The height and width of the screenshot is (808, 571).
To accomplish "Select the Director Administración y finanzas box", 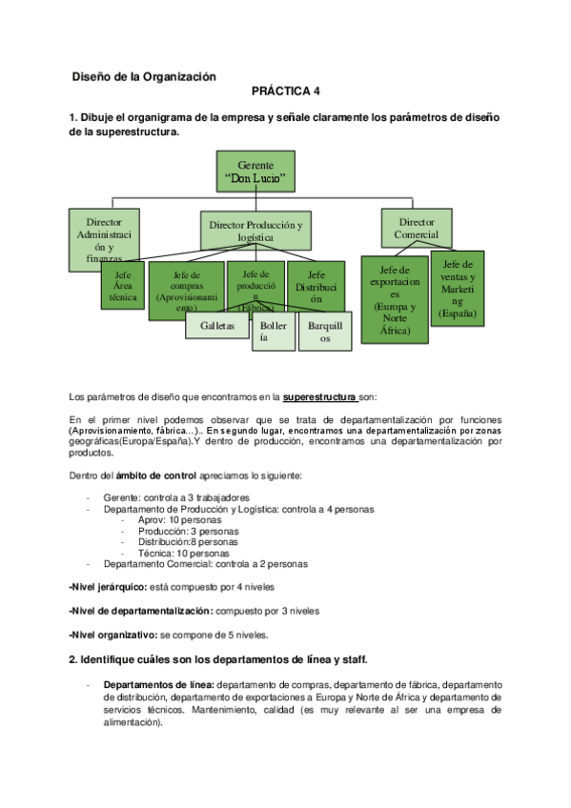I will pos(103,232).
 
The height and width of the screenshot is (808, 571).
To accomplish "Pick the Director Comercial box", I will pos(417,228).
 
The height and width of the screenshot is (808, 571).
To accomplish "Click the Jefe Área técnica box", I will pos(123,285).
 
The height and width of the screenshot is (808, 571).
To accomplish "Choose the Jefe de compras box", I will pos(186,289).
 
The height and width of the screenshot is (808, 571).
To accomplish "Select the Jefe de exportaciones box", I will pos(393,299).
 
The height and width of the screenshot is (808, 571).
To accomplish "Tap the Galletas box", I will pos(217,325).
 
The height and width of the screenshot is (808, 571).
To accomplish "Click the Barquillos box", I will pos(325,330).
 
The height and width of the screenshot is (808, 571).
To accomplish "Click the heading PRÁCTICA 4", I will pos(286,92).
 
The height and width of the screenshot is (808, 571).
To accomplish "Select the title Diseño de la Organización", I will pos(145,75).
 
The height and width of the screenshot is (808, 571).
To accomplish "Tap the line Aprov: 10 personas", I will pos(176,520).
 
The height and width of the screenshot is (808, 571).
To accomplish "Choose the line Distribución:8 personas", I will pos(181,541).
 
